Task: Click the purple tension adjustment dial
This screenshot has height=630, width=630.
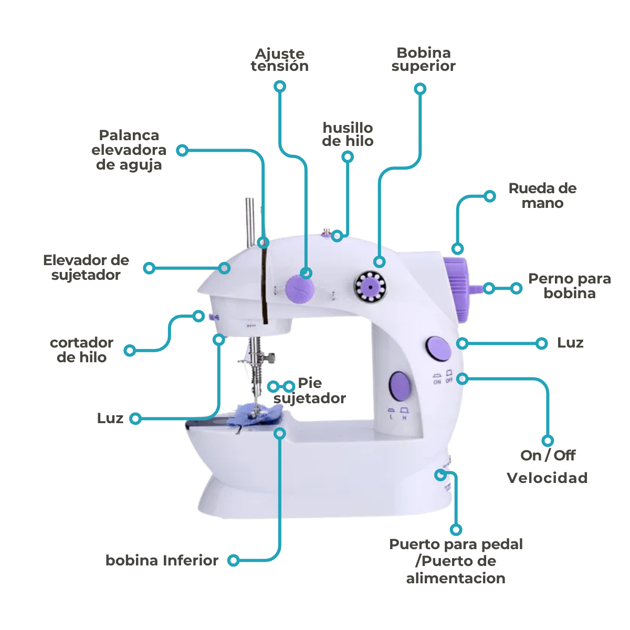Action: pyautogui.click(x=299, y=289)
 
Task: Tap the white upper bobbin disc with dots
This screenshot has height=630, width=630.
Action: pyautogui.click(x=370, y=287)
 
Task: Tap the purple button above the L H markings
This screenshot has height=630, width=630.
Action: pyautogui.click(x=400, y=386)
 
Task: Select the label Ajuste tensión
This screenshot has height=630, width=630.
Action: pyautogui.click(x=279, y=60)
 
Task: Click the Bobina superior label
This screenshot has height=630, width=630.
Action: pyautogui.click(x=423, y=59)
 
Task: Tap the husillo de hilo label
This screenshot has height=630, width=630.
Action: pyautogui.click(x=348, y=134)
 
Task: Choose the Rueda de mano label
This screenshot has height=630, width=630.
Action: pyautogui.click(x=542, y=196)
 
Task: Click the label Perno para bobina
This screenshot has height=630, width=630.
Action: pyautogui.click(x=569, y=286)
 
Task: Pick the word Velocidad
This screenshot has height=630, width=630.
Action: pyautogui.click(x=547, y=478)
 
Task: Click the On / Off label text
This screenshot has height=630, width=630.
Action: pyautogui.click(x=548, y=455)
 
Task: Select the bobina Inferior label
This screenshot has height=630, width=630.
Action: pyautogui.click(x=162, y=561)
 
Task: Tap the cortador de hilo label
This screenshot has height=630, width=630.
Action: pyautogui.click(x=81, y=350)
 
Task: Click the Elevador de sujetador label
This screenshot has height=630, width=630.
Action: pyautogui.click(x=86, y=267)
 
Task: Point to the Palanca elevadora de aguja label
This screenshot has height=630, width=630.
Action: pyautogui.click(x=129, y=150)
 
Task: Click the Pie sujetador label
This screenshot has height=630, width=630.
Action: pyautogui.click(x=310, y=391)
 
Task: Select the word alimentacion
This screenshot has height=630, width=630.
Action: pyautogui.click(x=455, y=579)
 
